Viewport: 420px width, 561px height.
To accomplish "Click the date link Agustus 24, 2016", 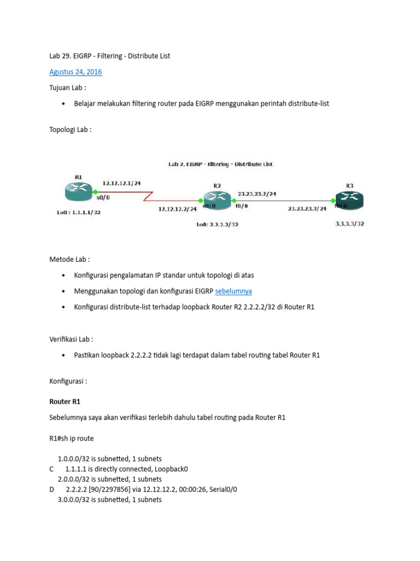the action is tap(75, 72).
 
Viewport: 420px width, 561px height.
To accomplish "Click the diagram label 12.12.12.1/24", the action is tap(122, 184).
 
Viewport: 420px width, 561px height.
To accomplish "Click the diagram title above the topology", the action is tap(219, 164).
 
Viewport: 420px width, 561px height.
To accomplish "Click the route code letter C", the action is tap(51, 469).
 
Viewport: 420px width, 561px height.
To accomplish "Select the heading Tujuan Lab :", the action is tap(68, 88).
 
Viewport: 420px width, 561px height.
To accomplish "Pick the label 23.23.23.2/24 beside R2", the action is tap(257, 193).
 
